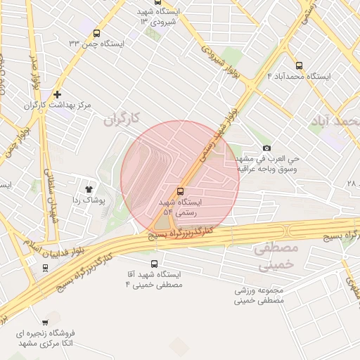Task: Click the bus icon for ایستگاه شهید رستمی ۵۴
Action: pos(181,191)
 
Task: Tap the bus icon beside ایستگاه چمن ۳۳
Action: pos(96,33)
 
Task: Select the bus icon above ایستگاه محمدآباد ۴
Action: pos(300,65)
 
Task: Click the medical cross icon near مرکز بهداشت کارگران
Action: pos(57,94)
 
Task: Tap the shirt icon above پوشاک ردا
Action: pos(89,188)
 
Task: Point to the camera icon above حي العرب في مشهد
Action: pos(266,148)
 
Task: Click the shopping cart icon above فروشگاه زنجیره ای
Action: pos(46,323)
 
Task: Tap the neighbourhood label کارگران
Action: pos(122,120)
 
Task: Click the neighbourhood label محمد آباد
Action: pos(334,122)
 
